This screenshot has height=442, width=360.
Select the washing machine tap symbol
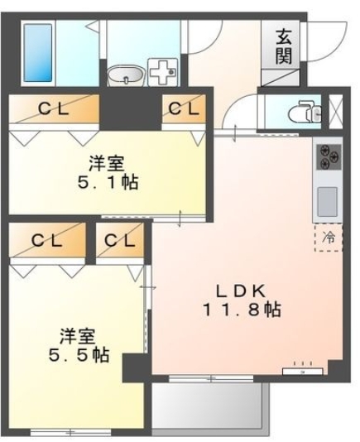[x=162, y=72]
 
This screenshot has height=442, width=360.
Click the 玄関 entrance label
[x=284, y=47]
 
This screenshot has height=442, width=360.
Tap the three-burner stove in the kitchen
[x=327, y=156]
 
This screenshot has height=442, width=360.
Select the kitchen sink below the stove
[x=327, y=199]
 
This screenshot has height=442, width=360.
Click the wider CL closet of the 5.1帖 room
[x=52, y=108]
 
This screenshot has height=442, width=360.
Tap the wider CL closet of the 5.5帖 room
[x=47, y=241]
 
